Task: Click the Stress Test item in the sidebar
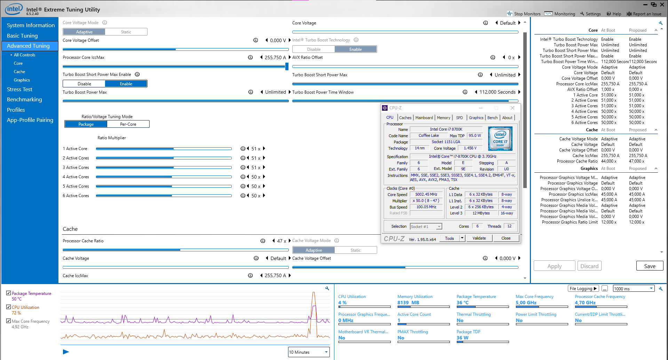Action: [x=19, y=89]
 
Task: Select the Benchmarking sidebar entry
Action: [x=24, y=100]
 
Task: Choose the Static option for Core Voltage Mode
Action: [x=126, y=32]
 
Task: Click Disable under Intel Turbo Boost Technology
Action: [x=314, y=49]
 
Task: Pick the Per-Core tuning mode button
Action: [x=128, y=124]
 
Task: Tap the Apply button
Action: [x=554, y=266]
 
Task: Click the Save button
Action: [x=650, y=266]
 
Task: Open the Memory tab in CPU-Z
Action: [x=443, y=118]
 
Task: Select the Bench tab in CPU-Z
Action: [x=492, y=118]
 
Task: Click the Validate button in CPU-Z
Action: [x=479, y=238]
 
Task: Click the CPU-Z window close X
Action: [x=512, y=108]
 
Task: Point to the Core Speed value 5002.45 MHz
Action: [x=426, y=195]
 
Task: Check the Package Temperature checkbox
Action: [x=9, y=293]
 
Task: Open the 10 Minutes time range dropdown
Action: [x=309, y=352]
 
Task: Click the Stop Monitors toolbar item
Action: [x=524, y=14]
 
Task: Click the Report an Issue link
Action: [x=644, y=14]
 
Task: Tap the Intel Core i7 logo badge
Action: [x=500, y=138]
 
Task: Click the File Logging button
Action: [x=583, y=289]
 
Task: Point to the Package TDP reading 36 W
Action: [x=462, y=338]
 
